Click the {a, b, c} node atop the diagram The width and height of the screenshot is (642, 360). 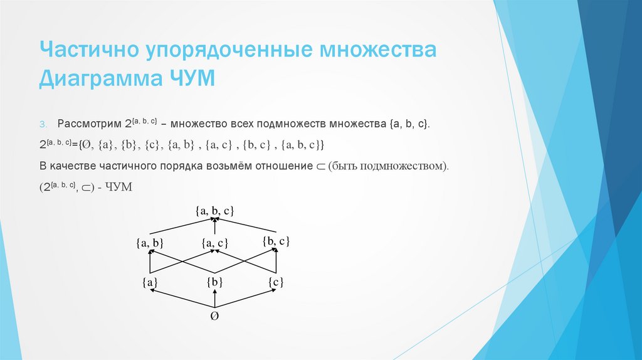[x=214, y=211]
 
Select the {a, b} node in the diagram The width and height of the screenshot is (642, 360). [x=150, y=243]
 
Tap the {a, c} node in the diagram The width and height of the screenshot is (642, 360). [x=214, y=243]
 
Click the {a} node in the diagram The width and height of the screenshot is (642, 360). [x=150, y=282]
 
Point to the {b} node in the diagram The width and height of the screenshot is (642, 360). [x=214, y=282]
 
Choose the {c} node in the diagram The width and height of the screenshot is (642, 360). [x=276, y=282]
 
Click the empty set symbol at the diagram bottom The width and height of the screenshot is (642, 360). [x=214, y=317]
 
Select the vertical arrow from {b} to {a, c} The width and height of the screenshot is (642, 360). [x=214, y=263]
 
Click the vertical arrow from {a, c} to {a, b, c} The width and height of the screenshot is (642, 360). [x=214, y=227]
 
